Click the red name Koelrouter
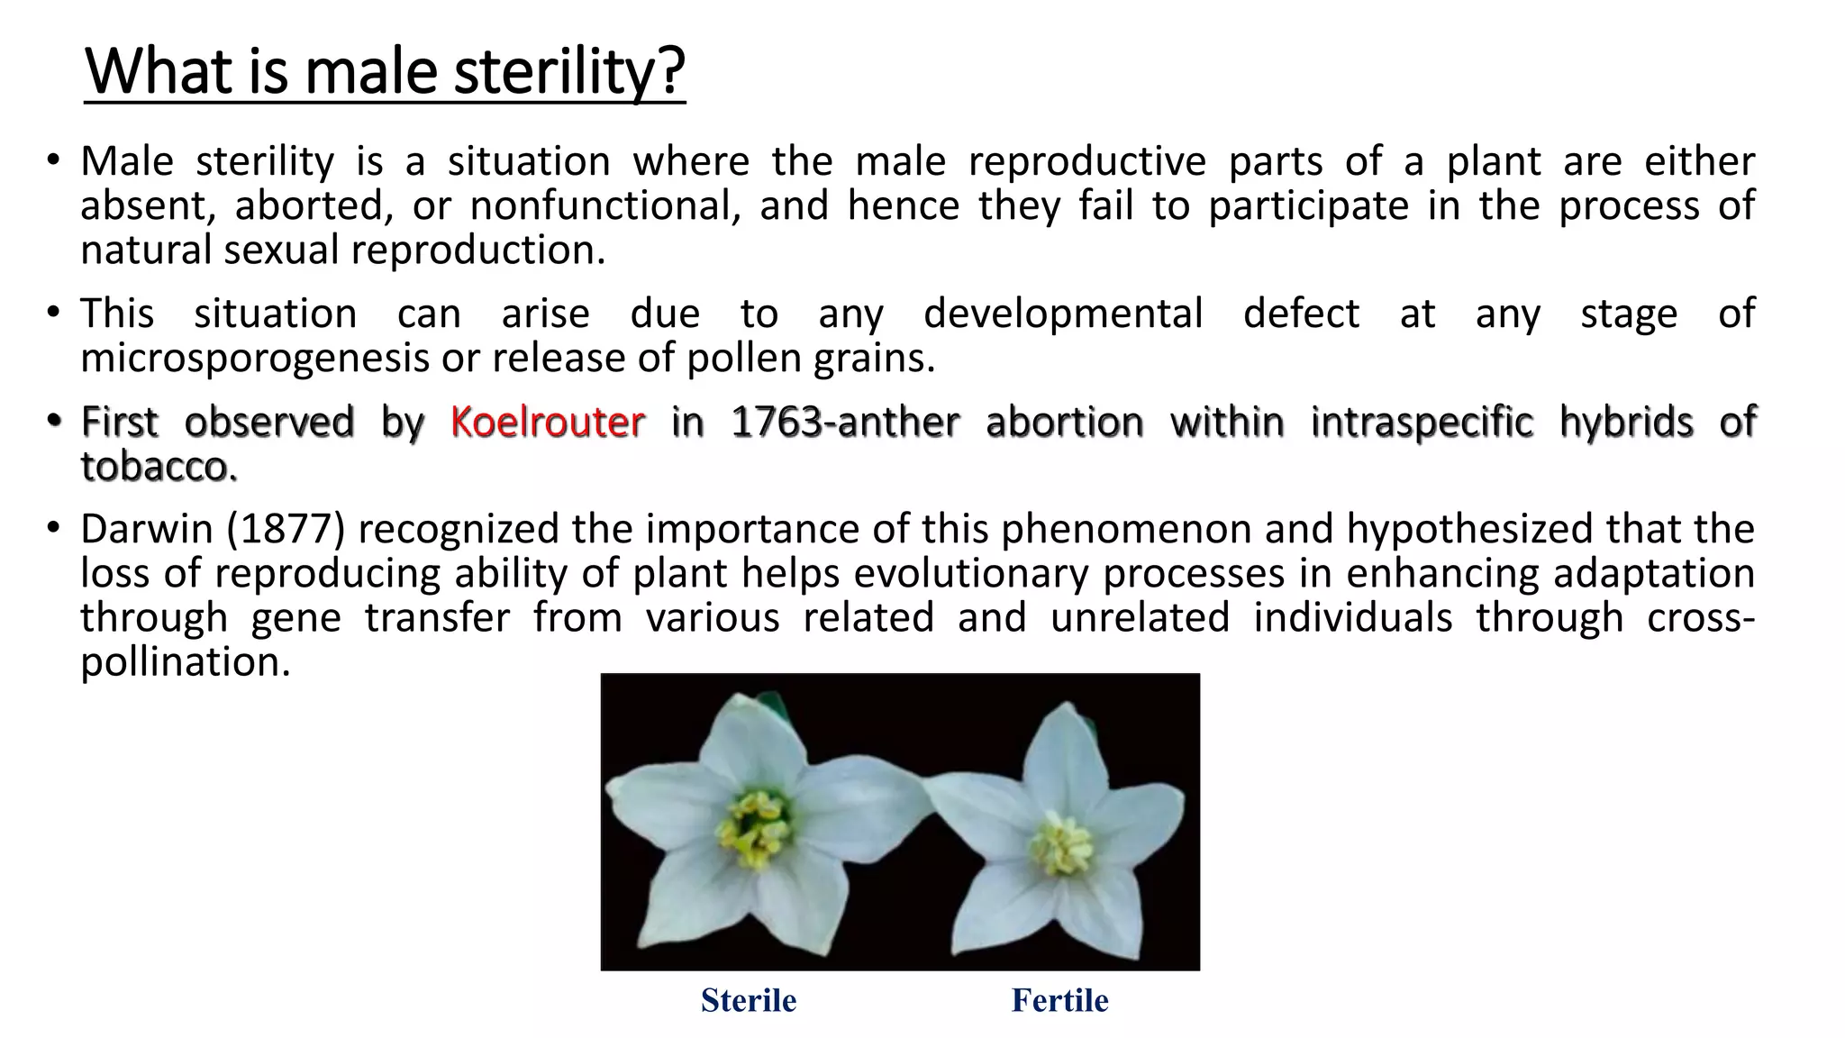point(548,422)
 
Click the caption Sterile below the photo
point(749,1000)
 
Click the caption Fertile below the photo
point(1059,1000)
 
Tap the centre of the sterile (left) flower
point(755,824)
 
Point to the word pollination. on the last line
point(186,662)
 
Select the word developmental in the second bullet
point(1063,314)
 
